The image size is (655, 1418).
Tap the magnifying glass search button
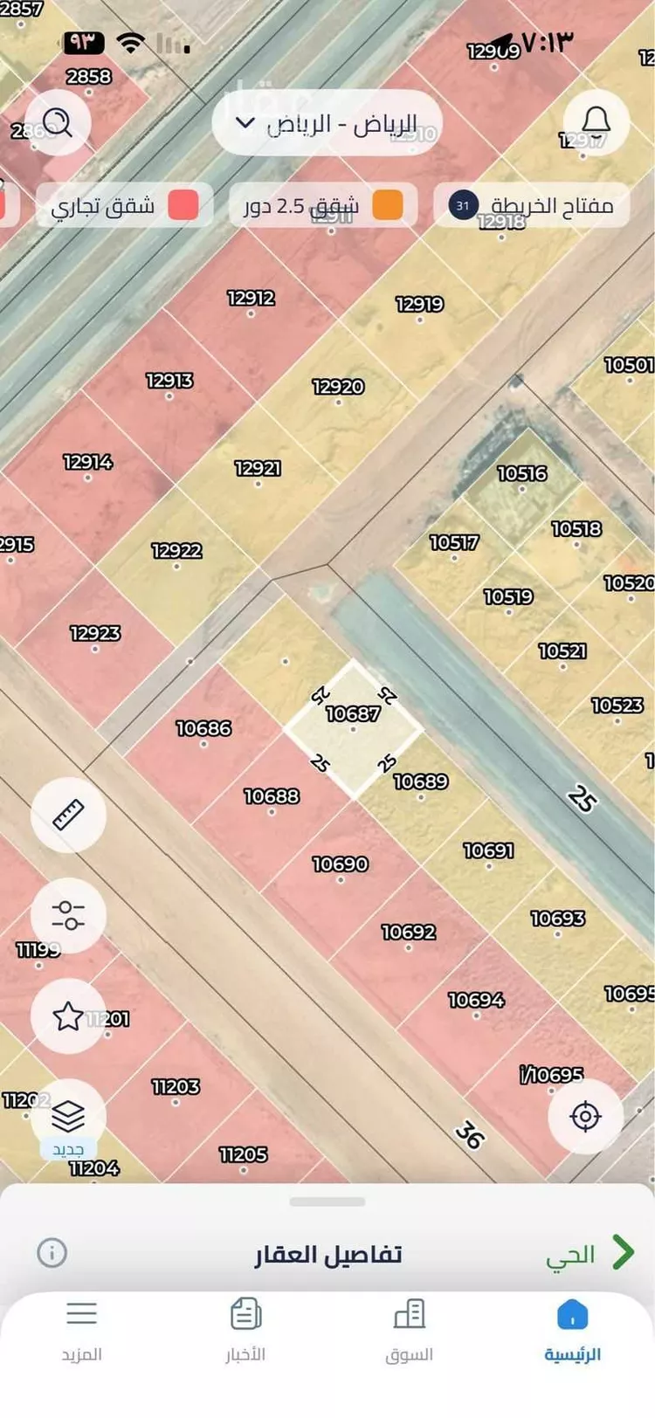click(x=58, y=123)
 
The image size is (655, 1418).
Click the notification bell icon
click(x=596, y=122)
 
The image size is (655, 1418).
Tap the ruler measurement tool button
click(x=68, y=815)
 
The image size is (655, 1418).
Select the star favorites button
click(x=68, y=1015)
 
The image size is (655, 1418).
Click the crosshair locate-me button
click(x=585, y=1116)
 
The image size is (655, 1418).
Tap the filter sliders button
click(x=68, y=915)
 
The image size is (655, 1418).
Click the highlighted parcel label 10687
click(x=353, y=714)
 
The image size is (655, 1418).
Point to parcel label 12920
click(x=338, y=387)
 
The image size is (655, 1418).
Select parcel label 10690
click(x=340, y=864)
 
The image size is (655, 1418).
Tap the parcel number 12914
click(x=87, y=462)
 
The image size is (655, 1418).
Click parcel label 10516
click(x=521, y=474)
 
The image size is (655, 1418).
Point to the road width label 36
click(x=470, y=1134)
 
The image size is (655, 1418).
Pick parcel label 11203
click(x=176, y=1087)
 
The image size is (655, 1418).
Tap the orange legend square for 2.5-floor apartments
click(x=388, y=205)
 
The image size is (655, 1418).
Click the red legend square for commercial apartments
click(x=183, y=205)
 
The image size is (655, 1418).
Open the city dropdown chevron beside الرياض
click(x=245, y=123)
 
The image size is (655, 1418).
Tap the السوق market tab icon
click(x=409, y=1314)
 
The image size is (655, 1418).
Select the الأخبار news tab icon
click(x=245, y=1314)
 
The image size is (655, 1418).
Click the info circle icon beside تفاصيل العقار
click(x=52, y=1253)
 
